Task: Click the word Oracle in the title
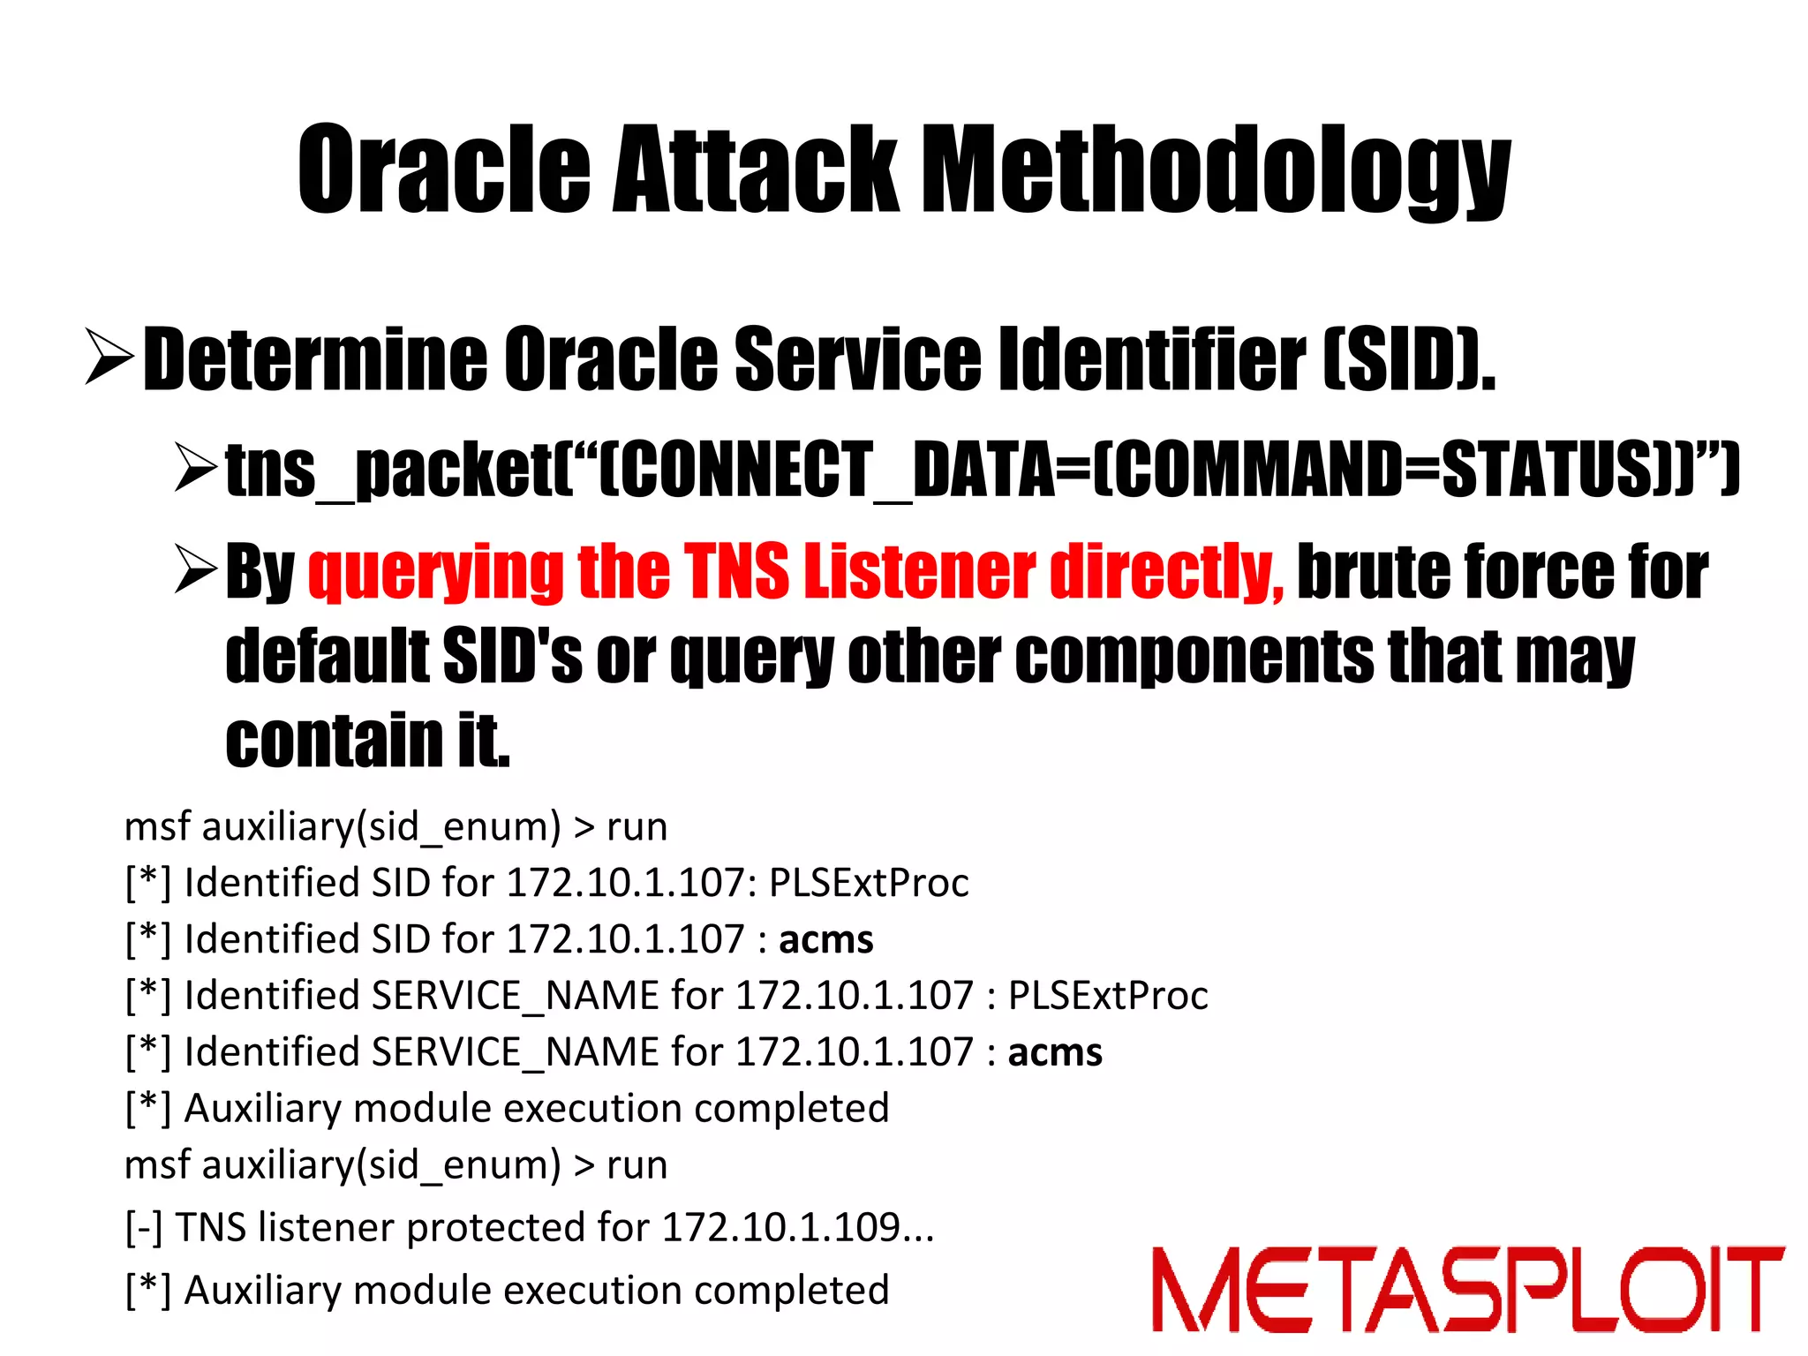click(x=444, y=169)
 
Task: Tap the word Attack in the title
click(x=756, y=169)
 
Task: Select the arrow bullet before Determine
click(x=109, y=356)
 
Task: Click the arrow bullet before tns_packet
click(x=195, y=467)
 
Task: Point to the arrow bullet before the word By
click(x=195, y=569)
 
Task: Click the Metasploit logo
click(x=1467, y=1289)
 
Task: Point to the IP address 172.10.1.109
click(x=780, y=1227)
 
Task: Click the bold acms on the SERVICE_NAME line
click(x=1055, y=1052)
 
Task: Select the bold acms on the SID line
click(x=825, y=939)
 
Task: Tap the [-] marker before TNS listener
click(x=144, y=1228)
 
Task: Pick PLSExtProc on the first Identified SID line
click(x=869, y=883)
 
